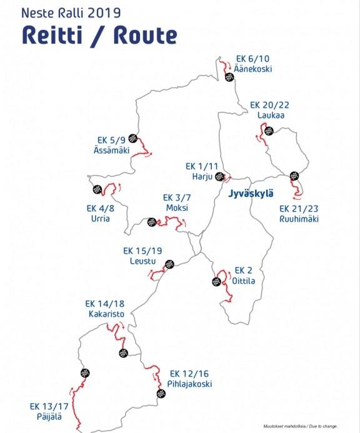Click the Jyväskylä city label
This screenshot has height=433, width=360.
point(251,194)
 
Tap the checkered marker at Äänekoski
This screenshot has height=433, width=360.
point(229,77)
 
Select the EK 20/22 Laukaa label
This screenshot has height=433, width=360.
point(270,110)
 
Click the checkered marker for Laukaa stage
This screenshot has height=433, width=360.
point(269,131)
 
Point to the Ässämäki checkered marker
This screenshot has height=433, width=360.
point(133,138)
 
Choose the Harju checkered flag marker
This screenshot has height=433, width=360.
point(219,176)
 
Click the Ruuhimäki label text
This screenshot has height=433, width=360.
point(299,219)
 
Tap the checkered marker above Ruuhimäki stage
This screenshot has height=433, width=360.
point(294,176)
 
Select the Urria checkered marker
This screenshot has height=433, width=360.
point(97,189)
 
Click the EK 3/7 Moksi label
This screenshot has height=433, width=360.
point(177,202)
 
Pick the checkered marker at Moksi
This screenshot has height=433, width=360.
point(152,222)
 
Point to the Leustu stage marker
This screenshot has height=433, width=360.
point(169,264)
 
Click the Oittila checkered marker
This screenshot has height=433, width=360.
point(217,281)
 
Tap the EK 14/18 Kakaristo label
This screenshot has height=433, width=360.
point(105,309)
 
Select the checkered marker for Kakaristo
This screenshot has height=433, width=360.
point(124,352)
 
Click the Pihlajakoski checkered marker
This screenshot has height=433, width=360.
point(161,394)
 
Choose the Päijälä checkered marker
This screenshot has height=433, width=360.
point(85,373)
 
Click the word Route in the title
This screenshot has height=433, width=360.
point(146,36)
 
